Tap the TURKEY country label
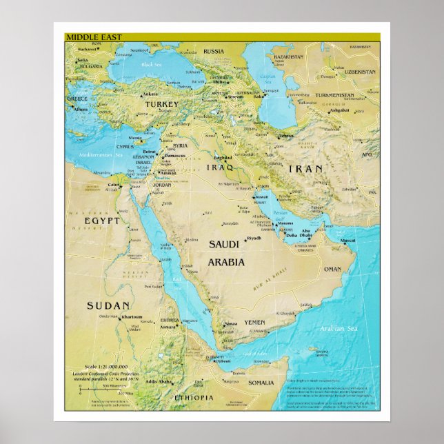(161, 105)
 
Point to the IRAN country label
(305, 168)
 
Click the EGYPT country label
(102, 221)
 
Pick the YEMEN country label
(254, 322)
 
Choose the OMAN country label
(332, 269)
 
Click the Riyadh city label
(254, 238)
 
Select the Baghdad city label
(223, 158)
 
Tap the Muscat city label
(348, 241)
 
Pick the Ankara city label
(150, 94)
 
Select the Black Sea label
(151, 65)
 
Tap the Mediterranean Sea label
(100, 155)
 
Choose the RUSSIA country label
(214, 51)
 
